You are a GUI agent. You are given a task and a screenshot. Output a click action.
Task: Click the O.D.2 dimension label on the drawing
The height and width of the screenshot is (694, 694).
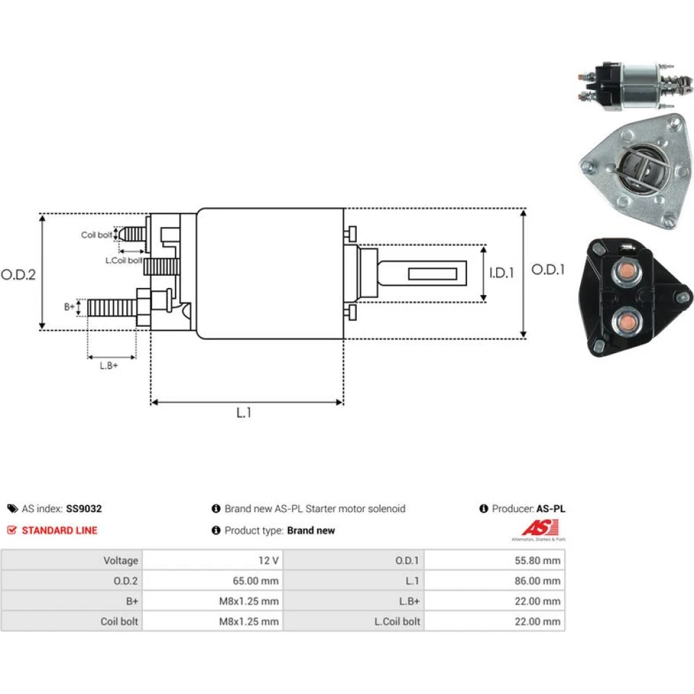tap(18, 274)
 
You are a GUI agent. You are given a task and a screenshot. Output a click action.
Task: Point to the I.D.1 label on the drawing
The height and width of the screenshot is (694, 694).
tap(502, 273)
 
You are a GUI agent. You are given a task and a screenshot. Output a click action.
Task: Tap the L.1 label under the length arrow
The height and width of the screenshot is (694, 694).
tap(244, 413)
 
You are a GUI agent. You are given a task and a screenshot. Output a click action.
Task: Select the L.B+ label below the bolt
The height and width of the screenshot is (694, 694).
tap(109, 366)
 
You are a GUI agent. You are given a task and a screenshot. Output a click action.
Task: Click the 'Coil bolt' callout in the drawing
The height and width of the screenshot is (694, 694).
tap(96, 235)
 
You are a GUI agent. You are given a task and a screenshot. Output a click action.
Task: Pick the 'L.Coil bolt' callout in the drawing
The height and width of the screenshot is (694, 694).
tap(124, 260)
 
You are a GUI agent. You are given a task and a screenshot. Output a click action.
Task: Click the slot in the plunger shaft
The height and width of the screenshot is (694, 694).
tap(432, 273)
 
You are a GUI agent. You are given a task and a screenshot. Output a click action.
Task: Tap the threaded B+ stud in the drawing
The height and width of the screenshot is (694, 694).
tap(112, 307)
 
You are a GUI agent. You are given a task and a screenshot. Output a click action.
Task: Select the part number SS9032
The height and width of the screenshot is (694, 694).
tap(84, 509)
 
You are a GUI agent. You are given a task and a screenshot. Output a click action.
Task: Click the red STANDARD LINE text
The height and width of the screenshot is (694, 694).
tap(59, 530)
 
